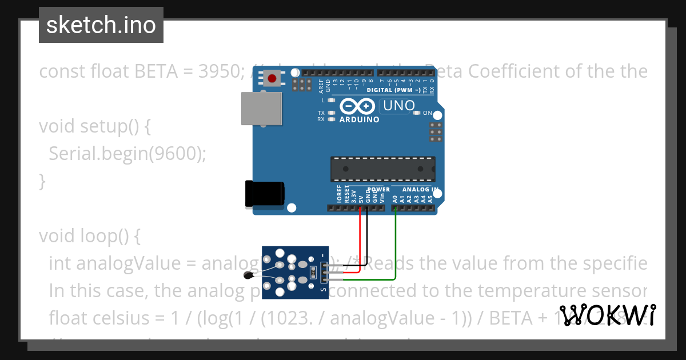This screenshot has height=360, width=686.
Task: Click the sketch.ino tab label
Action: pos(101,25)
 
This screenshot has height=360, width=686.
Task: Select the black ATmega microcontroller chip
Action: pos(382,169)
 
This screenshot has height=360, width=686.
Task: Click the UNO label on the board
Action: pos(399,106)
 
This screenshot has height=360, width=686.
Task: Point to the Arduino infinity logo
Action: pos(357,106)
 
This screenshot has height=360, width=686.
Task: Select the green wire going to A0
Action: pos(396,246)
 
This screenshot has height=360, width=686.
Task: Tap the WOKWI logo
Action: pos(607,315)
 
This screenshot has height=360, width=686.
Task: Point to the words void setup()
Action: pos(94,126)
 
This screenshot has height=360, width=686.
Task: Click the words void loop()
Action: pos(89,235)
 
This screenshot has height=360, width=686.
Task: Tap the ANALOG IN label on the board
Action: pos(420,189)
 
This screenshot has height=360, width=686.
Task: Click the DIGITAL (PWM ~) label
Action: pos(394,90)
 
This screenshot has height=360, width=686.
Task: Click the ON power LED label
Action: pos(427,113)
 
